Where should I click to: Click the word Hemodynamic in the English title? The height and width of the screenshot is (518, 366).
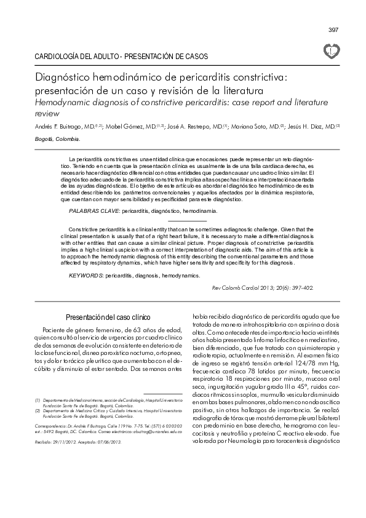point(65,103)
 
